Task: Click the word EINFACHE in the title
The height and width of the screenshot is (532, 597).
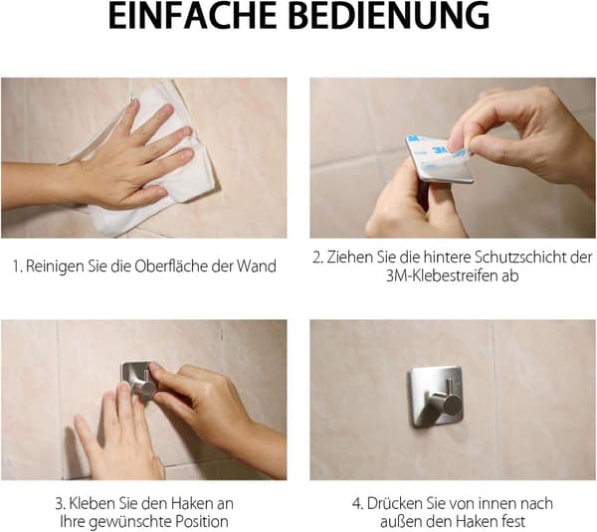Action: [x=192, y=16]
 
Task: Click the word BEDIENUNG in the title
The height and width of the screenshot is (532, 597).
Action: [x=391, y=16]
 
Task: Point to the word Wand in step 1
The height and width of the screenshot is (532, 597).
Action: [x=257, y=266]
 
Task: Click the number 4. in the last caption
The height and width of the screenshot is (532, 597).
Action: [x=357, y=504]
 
